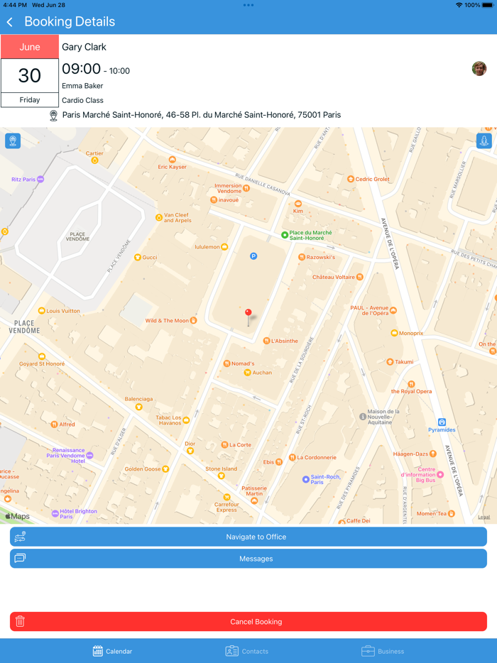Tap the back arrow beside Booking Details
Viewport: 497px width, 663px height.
(x=10, y=22)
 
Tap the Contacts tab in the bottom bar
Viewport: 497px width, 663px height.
(x=246, y=651)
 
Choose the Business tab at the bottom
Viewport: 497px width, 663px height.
(x=383, y=651)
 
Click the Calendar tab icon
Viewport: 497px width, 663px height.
(x=98, y=651)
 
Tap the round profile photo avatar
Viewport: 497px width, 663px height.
(x=479, y=68)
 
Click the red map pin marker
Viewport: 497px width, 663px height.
(x=248, y=312)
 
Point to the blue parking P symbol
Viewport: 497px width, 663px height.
(x=253, y=256)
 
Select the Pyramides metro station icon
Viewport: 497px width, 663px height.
(x=442, y=422)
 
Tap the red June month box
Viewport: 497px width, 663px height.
(x=30, y=47)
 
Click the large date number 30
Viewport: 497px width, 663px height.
(x=30, y=75)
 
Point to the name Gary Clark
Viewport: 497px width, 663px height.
(x=84, y=47)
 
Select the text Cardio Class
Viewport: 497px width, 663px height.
(x=82, y=100)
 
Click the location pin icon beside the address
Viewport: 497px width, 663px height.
(x=53, y=115)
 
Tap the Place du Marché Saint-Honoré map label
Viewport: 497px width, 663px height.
(x=308, y=235)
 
